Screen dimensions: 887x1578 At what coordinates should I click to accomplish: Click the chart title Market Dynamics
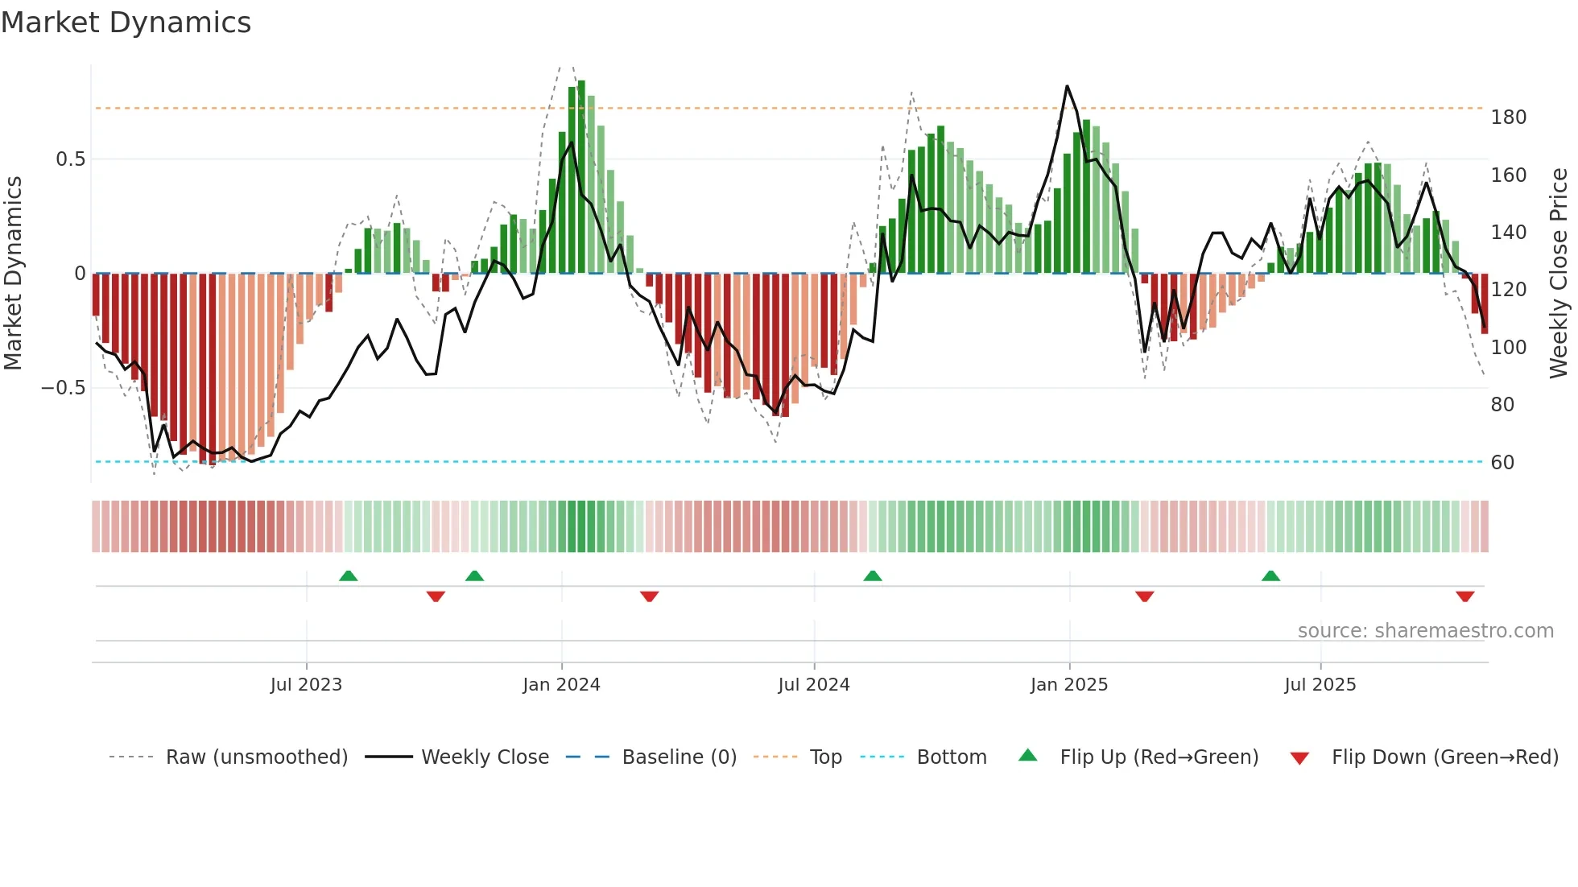tap(126, 23)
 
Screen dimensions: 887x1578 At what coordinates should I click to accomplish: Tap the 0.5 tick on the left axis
tap(70, 159)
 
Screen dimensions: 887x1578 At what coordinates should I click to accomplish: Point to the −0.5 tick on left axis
tap(64, 388)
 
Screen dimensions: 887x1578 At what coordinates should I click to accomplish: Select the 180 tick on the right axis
tap(1508, 118)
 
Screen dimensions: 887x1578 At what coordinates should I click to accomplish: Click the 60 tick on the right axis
tap(1502, 463)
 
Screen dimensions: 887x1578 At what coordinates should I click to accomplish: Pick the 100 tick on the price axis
tap(1508, 348)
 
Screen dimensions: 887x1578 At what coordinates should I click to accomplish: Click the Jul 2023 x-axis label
tap(306, 685)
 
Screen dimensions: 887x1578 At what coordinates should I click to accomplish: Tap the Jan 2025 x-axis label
tap(1068, 685)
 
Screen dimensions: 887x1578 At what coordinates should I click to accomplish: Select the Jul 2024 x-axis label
tap(813, 685)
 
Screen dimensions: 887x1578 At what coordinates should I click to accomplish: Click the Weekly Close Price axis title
tap(1559, 274)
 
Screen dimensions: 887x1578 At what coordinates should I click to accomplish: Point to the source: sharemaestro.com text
tap(1425, 631)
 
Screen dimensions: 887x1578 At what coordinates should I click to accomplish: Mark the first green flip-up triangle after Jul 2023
tap(348, 576)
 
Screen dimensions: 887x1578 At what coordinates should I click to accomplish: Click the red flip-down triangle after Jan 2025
tap(1144, 596)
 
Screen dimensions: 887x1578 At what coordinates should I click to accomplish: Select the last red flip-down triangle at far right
tap(1464, 596)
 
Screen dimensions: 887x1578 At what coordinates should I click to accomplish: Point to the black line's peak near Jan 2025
tap(1067, 86)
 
